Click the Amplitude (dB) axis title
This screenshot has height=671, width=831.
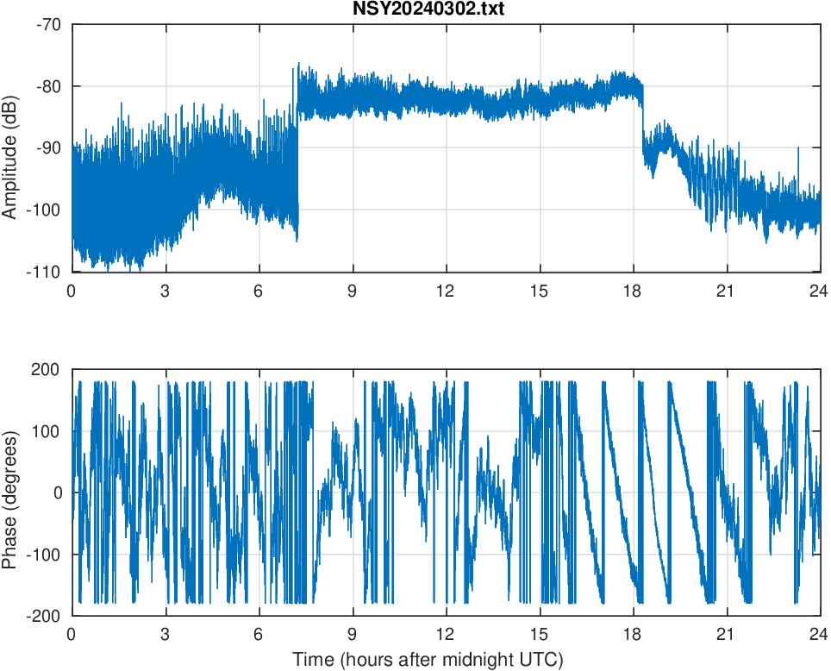(x=10, y=147)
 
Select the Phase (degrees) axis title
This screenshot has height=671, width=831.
(x=10, y=492)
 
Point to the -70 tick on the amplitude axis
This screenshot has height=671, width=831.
(x=48, y=24)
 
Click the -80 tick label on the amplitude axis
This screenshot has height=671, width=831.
(x=48, y=86)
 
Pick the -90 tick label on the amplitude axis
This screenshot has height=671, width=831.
(x=48, y=147)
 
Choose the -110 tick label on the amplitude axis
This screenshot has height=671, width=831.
(x=45, y=272)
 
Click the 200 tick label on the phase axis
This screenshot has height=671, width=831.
(x=47, y=369)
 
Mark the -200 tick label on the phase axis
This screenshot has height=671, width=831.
(x=43, y=616)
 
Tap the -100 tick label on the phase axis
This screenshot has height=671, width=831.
(x=43, y=554)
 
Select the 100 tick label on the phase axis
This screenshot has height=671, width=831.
(x=47, y=431)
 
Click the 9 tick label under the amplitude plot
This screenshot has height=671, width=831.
(x=352, y=291)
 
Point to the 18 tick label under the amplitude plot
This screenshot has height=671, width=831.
(x=633, y=291)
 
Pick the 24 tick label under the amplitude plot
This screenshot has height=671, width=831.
(x=819, y=291)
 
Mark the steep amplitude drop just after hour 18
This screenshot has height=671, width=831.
(x=643, y=121)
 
